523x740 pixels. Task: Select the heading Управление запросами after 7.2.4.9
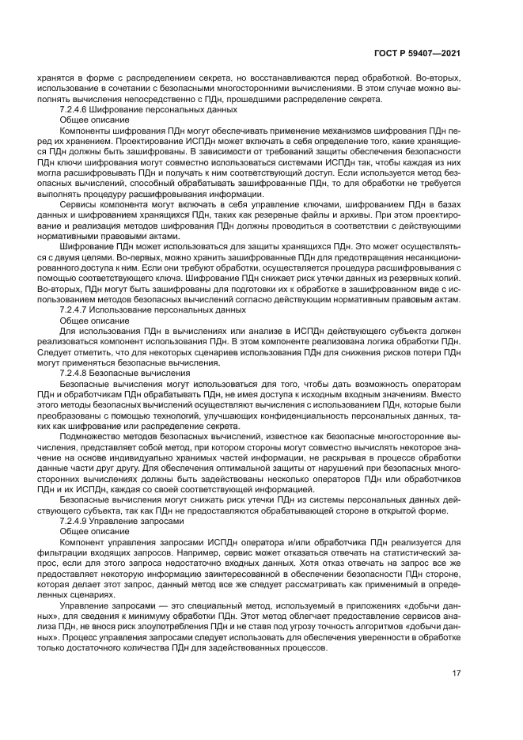(x=140, y=522)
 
